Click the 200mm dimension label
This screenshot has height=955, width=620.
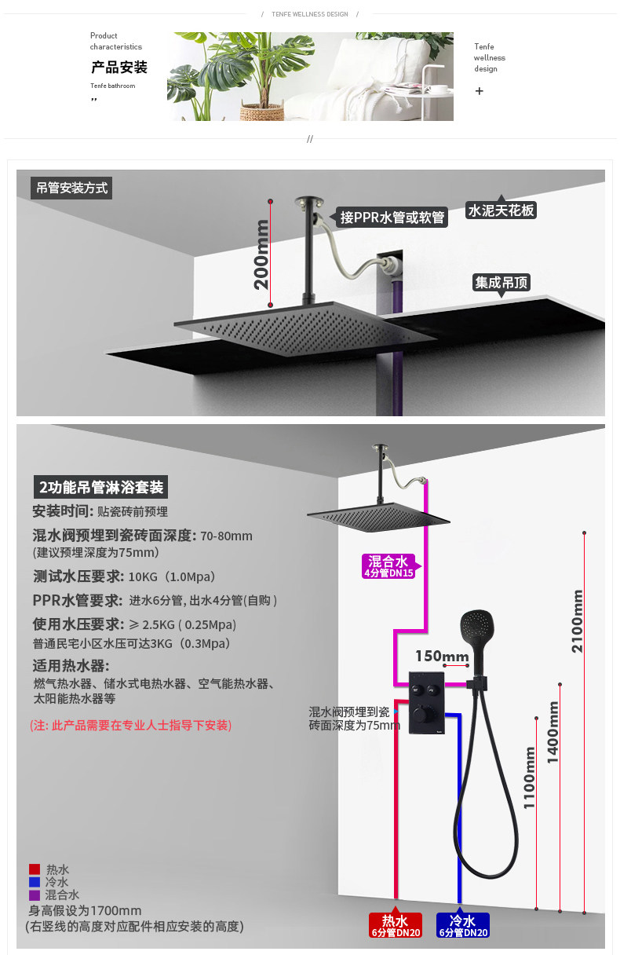(261, 254)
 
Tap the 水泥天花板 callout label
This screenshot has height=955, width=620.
(501, 210)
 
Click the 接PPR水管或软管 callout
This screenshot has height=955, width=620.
(392, 218)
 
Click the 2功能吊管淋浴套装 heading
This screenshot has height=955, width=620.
(101, 487)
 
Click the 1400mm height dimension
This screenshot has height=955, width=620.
(553, 732)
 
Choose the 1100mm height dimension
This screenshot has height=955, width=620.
(530, 778)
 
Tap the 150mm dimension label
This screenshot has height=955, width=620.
(442, 657)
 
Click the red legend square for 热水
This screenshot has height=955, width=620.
(35, 869)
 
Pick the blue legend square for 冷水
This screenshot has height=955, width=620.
(35, 882)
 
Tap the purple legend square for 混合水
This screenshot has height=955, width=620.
(35, 895)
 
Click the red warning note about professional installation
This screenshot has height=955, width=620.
(130, 725)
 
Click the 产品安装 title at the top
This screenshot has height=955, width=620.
(119, 68)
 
